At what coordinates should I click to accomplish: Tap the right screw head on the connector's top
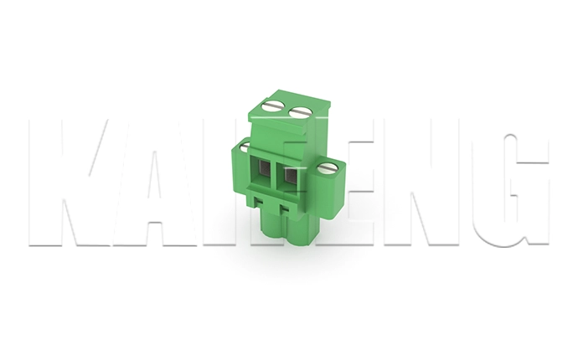pyautogui.click(x=300, y=111)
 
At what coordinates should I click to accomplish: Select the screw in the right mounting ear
pyautogui.click(x=327, y=168)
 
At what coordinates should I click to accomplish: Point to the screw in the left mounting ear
pyautogui.click(x=245, y=148)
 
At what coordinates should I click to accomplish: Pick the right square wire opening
pyautogui.click(x=291, y=177)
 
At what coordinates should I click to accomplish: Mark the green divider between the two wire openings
pyautogui.click(x=276, y=175)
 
